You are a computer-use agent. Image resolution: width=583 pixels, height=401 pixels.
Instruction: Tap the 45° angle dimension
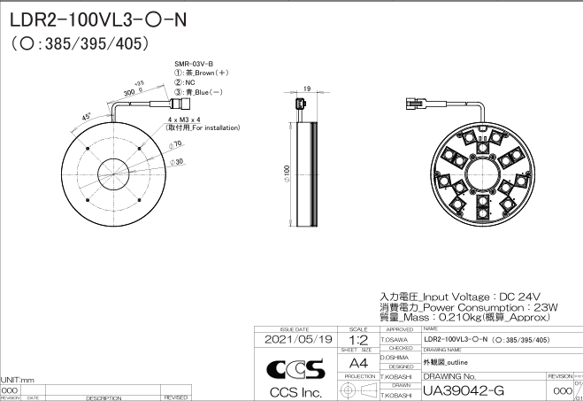click(x=87, y=116)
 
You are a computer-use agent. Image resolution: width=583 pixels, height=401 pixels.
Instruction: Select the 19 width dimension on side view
click(x=306, y=89)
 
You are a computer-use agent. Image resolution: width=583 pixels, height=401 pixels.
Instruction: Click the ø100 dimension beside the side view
click(x=286, y=169)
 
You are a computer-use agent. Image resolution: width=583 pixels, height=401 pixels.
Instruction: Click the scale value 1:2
click(x=359, y=339)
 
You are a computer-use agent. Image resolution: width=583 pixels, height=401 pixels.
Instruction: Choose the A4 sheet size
click(x=359, y=363)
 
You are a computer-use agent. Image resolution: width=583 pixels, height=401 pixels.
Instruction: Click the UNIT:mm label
click(x=17, y=379)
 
